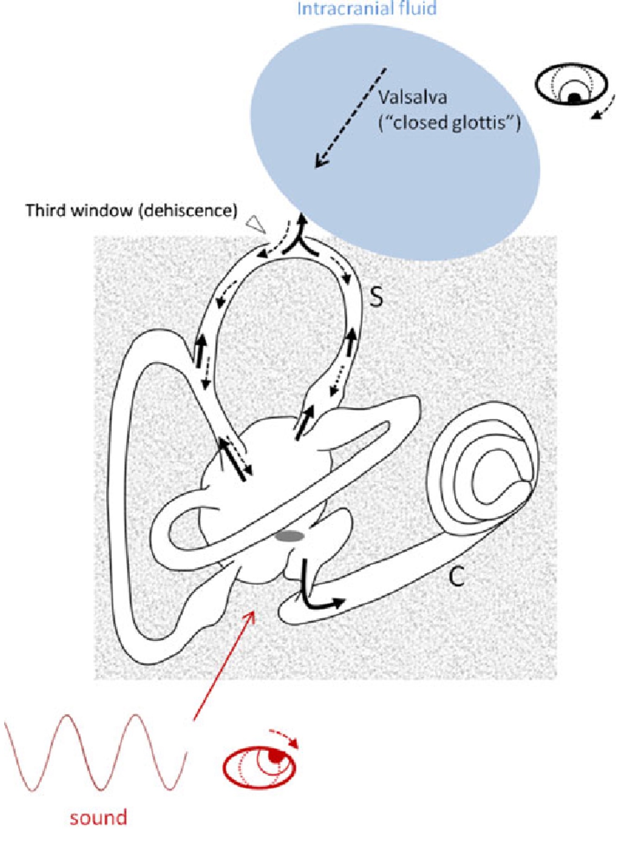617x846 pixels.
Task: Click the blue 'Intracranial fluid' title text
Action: tap(367, 8)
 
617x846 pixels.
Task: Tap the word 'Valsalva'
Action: tap(413, 98)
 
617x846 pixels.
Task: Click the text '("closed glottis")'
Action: tap(450, 123)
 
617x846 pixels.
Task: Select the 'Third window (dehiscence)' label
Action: tap(131, 210)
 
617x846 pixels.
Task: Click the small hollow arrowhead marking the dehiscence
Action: tap(256, 224)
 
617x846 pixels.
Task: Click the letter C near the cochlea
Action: tap(457, 576)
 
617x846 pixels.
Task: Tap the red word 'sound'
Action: tap(98, 817)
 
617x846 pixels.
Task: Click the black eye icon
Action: tap(571, 86)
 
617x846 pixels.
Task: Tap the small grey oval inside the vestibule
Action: tap(290, 536)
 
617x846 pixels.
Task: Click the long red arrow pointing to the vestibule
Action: tap(224, 665)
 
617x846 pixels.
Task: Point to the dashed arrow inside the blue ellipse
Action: tap(350, 118)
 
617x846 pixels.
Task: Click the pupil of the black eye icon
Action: tap(574, 98)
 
